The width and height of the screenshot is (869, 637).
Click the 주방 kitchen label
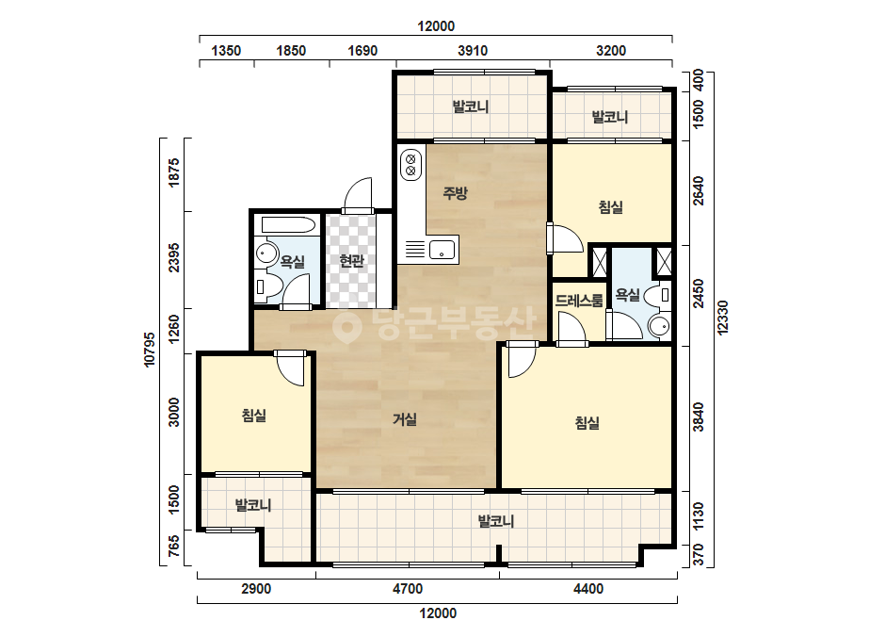coord(455,192)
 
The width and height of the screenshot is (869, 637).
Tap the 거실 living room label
coord(405,419)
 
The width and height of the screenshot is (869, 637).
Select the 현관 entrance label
coord(351,260)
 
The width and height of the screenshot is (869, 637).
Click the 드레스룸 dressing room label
coord(579,301)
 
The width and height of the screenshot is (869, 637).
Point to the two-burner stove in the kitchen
coord(410,164)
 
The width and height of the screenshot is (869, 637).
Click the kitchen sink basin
coord(442,250)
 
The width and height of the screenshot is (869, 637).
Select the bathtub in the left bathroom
coord(288,224)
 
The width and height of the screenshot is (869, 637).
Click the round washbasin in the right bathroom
coord(659,326)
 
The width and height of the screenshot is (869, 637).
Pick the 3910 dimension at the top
coord(473,51)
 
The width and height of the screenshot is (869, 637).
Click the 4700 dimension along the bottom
coord(408,588)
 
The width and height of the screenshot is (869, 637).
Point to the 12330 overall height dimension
coord(722,318)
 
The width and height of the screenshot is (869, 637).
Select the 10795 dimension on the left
coord(150,350)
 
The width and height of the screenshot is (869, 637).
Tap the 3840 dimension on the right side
coord(699,416)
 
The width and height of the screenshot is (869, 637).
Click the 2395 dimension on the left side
coord(174,257)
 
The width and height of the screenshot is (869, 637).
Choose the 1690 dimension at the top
coord(362,51)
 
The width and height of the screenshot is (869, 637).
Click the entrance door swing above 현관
coord(358,194)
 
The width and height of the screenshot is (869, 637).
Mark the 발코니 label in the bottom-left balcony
coord(253,505)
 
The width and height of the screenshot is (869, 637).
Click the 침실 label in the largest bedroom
coord(587,423)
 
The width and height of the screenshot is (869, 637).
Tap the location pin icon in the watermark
coord(346,326)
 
